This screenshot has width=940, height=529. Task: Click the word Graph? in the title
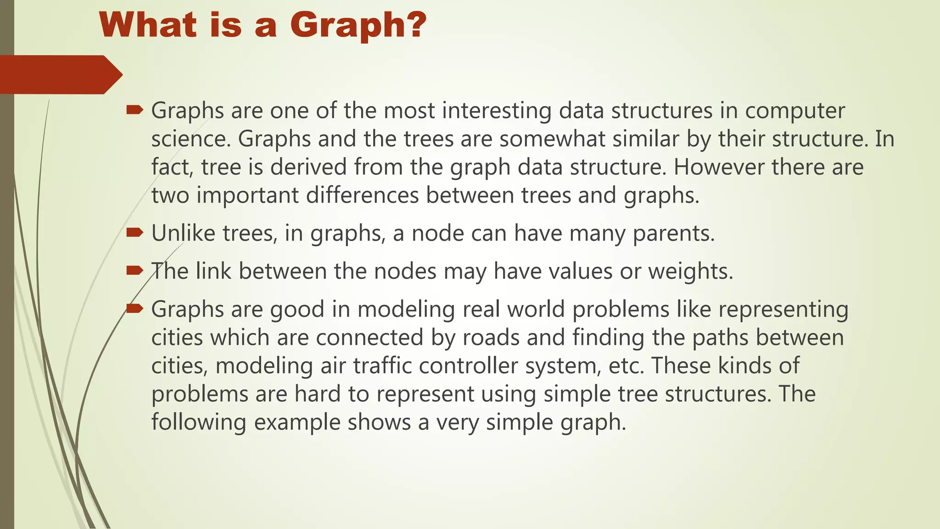(x=358, y=25)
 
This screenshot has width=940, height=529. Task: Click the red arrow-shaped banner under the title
(x=60, y=74)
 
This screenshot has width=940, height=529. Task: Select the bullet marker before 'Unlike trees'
(x=134, y=232)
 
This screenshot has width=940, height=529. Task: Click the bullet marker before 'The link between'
(x=134, y=270)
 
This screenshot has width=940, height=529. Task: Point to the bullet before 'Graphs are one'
(x=134, y=110)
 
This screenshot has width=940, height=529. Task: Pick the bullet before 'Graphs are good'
(x=134, y=308)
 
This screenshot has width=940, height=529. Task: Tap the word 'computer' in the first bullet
(x=795, y=111)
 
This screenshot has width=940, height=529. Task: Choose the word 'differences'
(x=362, y=196)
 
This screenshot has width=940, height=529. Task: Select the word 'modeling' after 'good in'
(x=406, y=309)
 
